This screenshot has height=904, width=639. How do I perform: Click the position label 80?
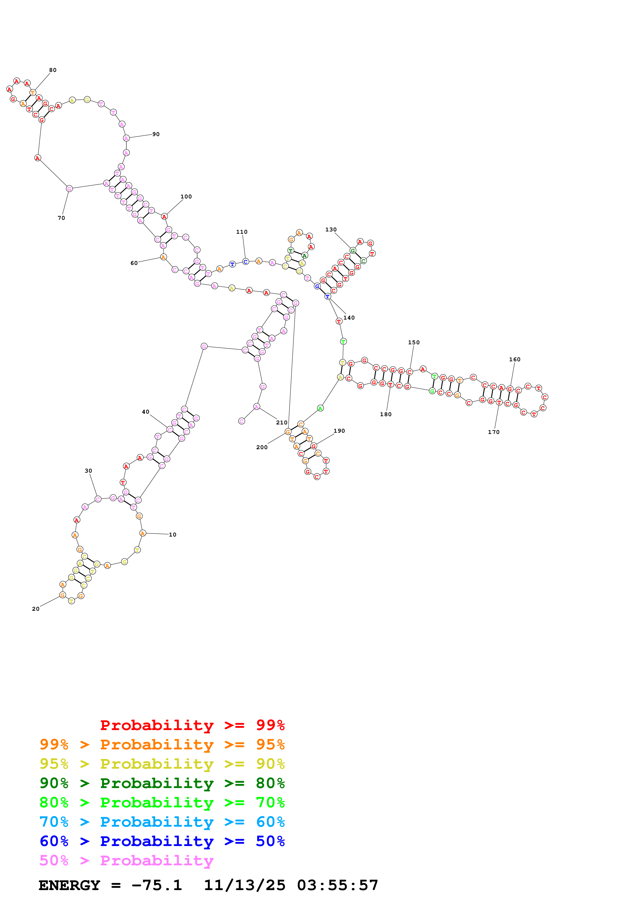click(x=53, y=70)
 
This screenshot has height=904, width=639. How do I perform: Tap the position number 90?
click(x=156, y=134)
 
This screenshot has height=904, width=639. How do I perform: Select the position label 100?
click(x=186, y=196)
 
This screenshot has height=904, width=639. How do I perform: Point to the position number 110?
click(x=242, y=232)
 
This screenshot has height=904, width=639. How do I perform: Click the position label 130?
click(x=331, y=230)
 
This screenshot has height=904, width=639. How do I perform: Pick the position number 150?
click(x=414, y=342)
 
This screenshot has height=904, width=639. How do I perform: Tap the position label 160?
click(x=514, y=359)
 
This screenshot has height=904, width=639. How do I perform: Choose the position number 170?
click(x=494, y=432)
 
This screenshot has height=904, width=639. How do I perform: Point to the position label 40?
click(x=146, y=412)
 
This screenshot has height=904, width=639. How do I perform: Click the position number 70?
click(x=61, y=218)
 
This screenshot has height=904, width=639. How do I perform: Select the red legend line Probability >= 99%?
click(x=192, y=725)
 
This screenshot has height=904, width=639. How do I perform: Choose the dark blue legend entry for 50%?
click(x=162, y=841)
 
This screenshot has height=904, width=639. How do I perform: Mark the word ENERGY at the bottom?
click(x=69, y=885)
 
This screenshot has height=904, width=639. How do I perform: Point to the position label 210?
click(x=281, y=422)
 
